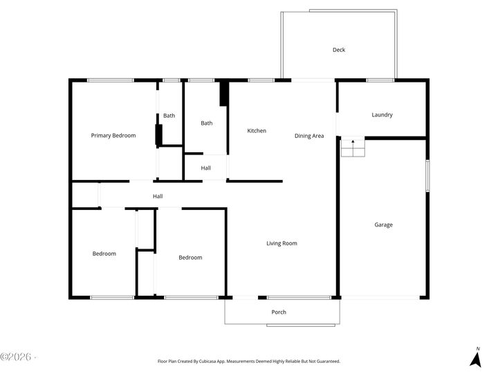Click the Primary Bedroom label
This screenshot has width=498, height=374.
pyautogui.click(x=113, y=136)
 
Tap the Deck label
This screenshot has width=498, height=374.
pyautogui.click(x=339, y=50)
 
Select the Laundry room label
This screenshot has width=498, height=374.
pyautogui.click(x=382, y=115)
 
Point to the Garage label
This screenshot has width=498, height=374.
pyautogui.click(x=384, y=225)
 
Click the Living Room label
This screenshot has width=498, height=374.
pyautogui.click(x=282, y=243)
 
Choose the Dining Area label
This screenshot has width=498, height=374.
pyautogui.click(x=309, y=136)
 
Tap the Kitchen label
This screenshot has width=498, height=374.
pyautogui.click(x=257, y=131)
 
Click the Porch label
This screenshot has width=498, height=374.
pyautogui.click(x=279, y=312)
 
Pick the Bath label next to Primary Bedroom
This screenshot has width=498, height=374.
pyautogui.click(x=169, y=116)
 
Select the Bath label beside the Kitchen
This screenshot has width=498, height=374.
pyautogui.click(x=207, y=123)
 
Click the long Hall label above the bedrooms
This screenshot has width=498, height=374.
pyautogui.click(x=158, y=197)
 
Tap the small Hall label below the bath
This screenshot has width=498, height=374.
pyautogui.click(x=206, y=168)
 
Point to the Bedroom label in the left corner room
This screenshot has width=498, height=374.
pyautogui.click(x=104, y=253)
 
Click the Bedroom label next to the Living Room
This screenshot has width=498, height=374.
pyautogui.click(x=190, y=258)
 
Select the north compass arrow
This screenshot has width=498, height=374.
pyautogui.click(x=476, y=359)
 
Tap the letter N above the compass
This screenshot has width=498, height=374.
pyautogui.click(x=477, y=348)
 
